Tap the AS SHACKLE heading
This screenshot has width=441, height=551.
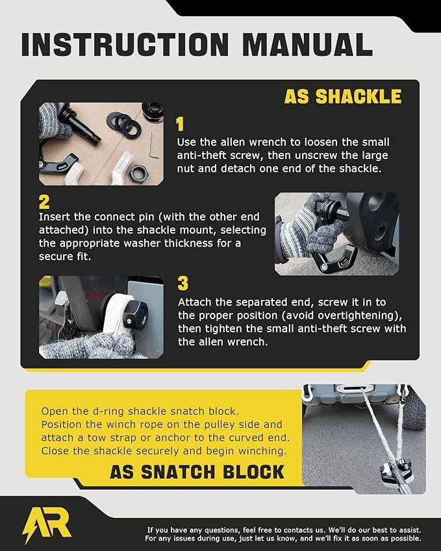tap(342, 96)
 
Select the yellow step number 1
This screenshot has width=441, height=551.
tap(181, 125)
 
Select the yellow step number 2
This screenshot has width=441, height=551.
tap(44, 202)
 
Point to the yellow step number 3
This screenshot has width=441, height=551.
tap(183, 284)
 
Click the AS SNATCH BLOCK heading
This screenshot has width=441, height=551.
tap(197, 471)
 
